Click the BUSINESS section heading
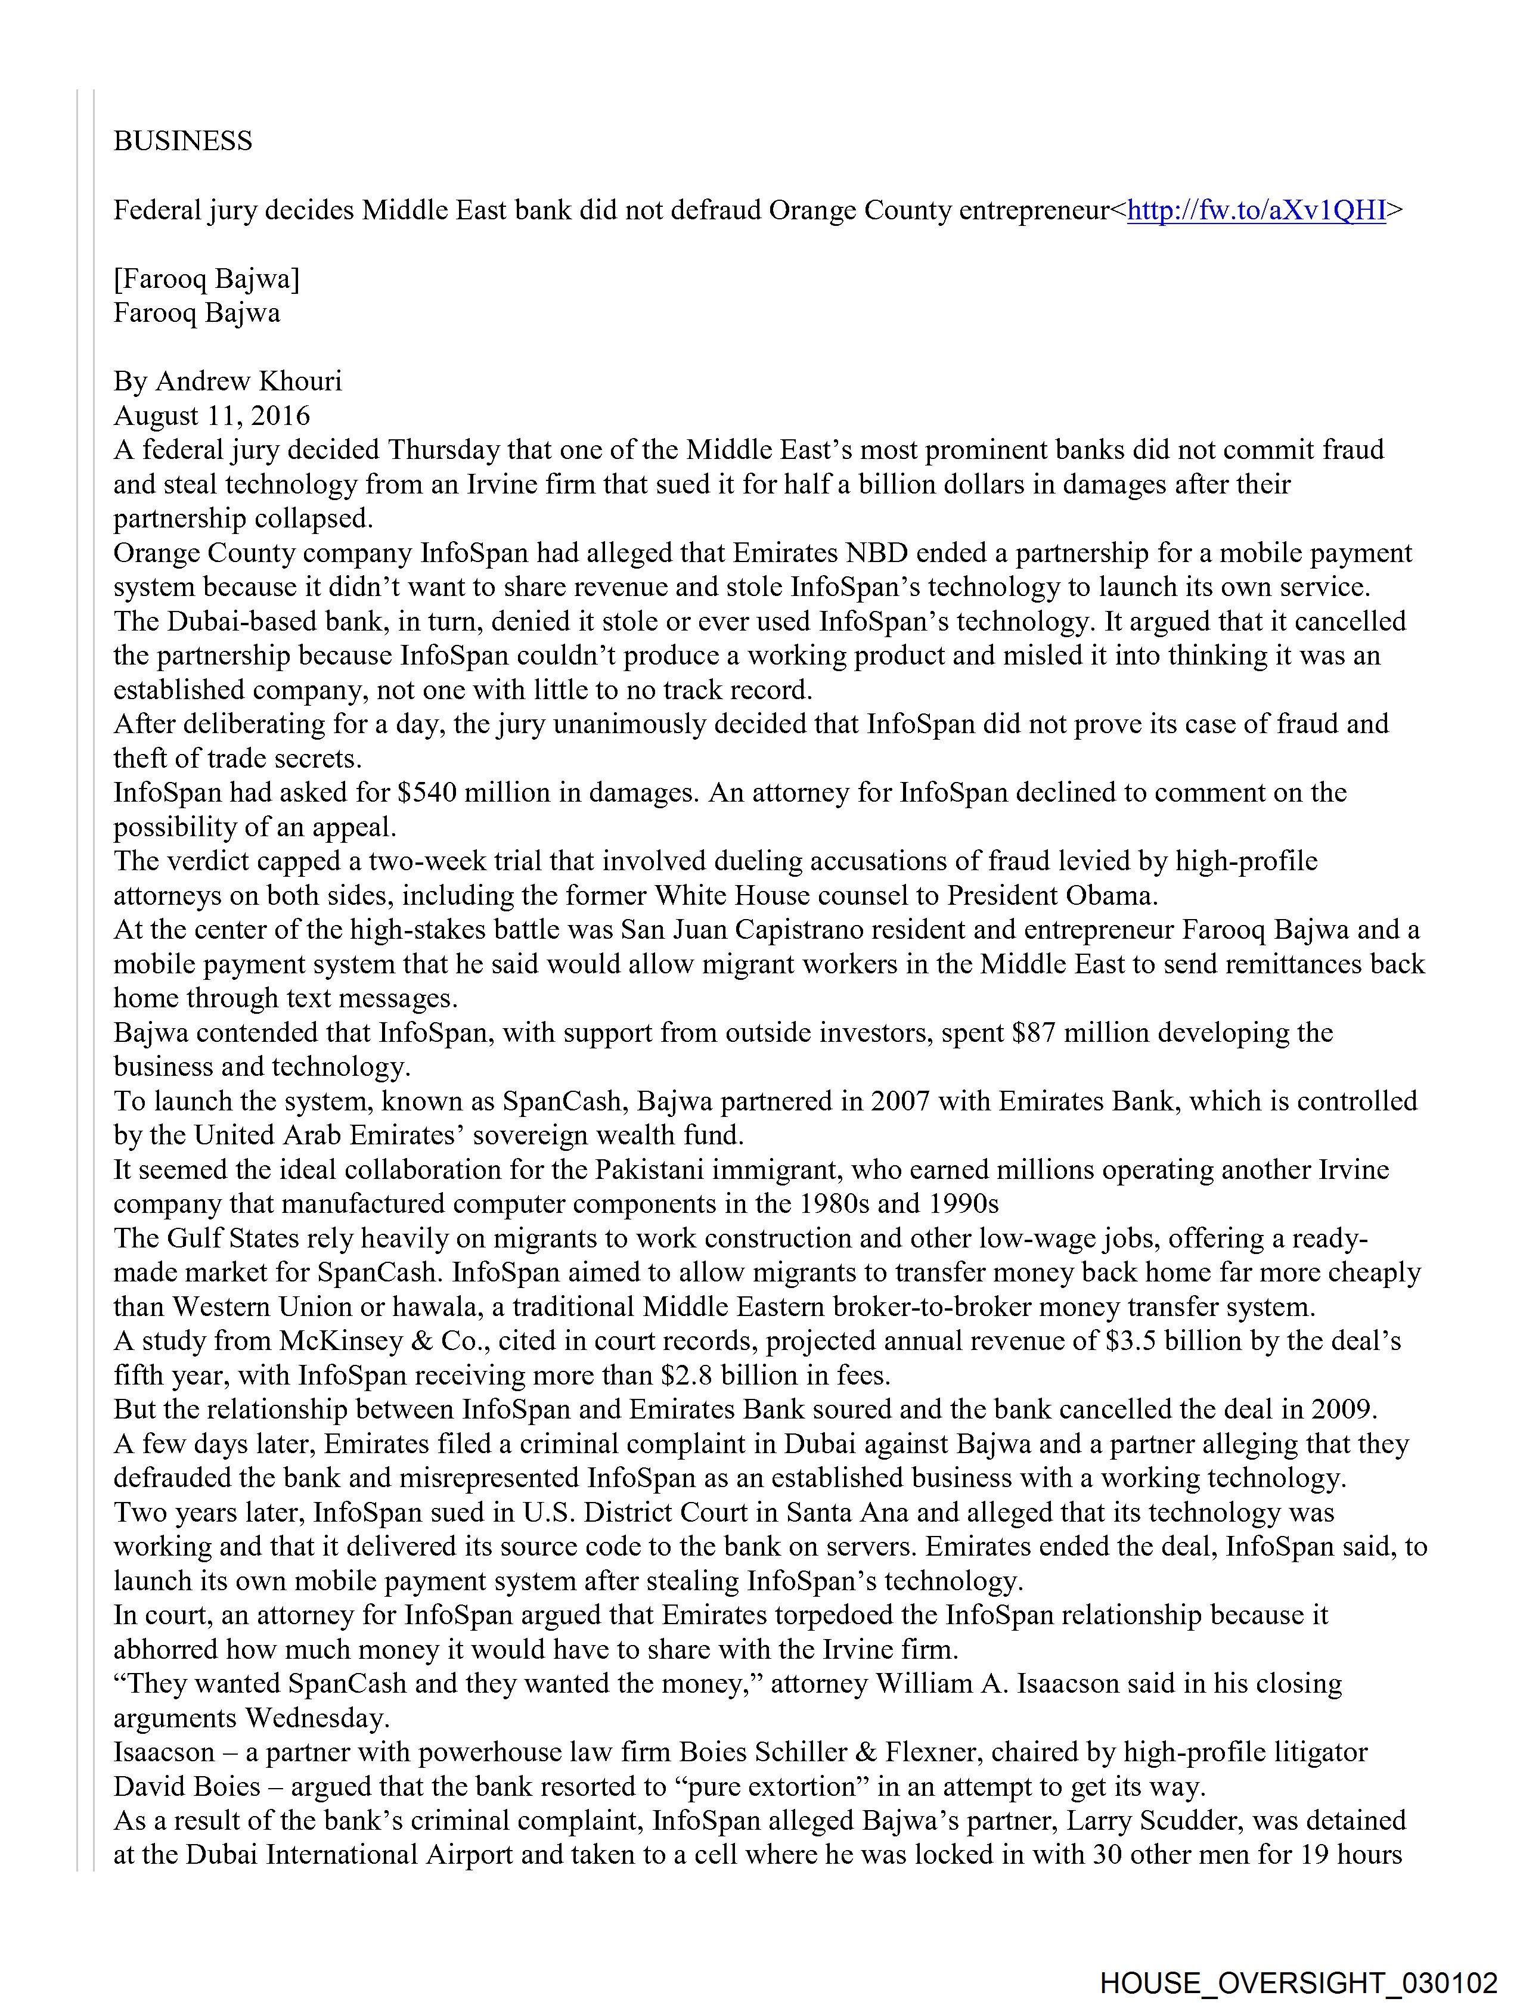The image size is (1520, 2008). click(x=182, y=141)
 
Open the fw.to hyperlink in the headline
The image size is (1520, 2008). click(x=1256, y=210)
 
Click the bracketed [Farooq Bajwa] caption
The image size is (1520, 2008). click(x=206, y=279)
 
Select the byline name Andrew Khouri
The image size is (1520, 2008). click(x=249, y=381)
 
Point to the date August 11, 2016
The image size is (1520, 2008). click(x=212, y=416)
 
